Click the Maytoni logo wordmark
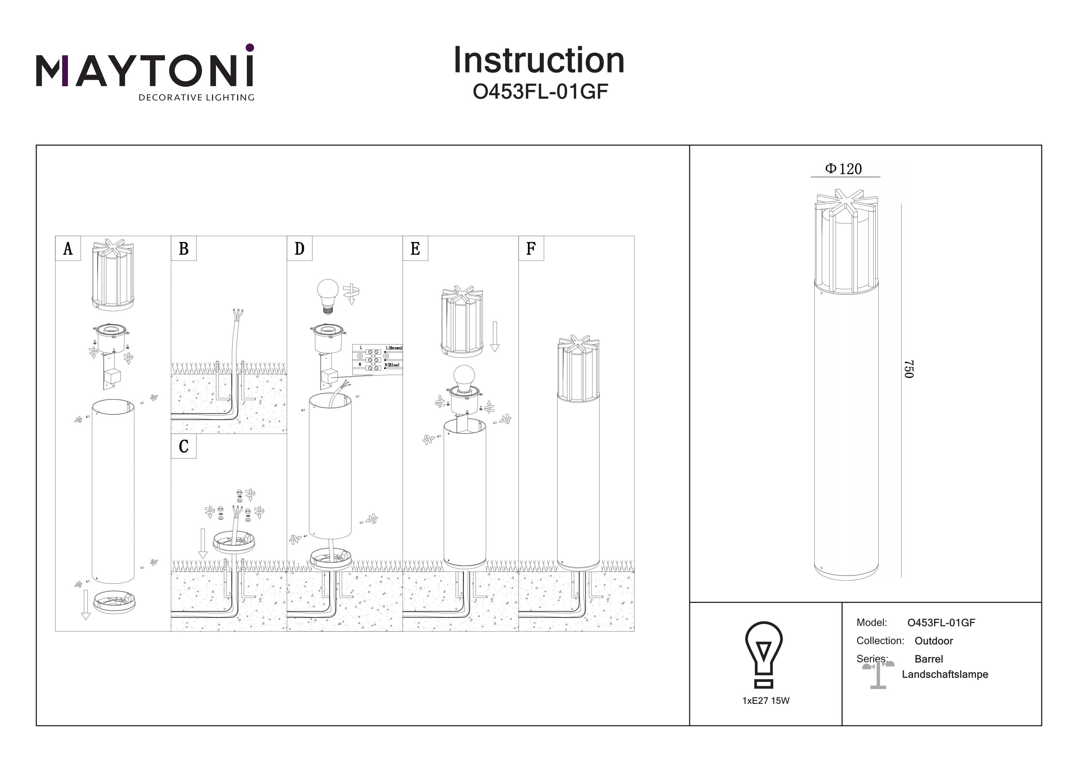144,70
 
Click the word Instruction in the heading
539,61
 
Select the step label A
68,248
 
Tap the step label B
184,248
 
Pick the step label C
184,446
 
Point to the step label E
415,248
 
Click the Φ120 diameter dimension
843,169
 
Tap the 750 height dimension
908,369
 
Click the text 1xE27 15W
766,701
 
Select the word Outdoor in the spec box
934,641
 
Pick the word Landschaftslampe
945,675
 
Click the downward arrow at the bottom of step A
86,605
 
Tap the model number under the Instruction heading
540,92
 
